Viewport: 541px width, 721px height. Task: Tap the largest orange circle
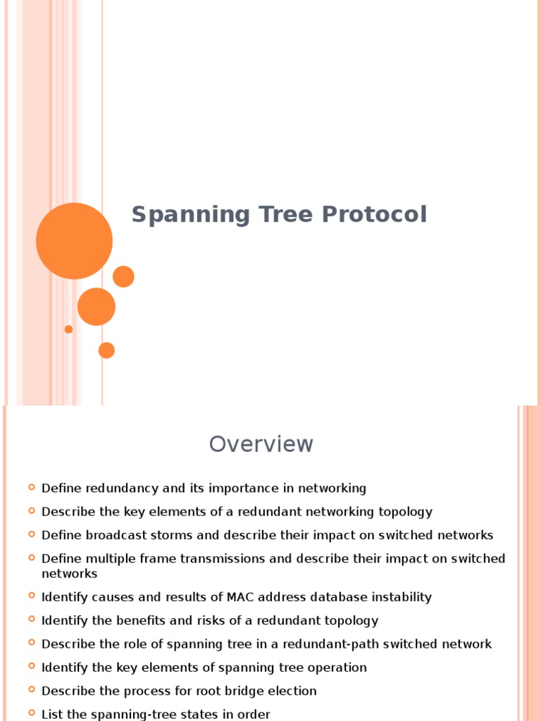[74, 241]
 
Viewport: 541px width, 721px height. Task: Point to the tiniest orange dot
[68, 329]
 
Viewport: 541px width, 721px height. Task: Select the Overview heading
[261, 444]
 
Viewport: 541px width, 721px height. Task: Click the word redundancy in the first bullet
[118, 489]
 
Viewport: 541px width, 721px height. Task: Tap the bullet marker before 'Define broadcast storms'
[32, 534]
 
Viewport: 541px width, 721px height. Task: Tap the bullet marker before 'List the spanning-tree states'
[32, 713]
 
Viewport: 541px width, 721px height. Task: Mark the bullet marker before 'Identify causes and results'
[32, 596]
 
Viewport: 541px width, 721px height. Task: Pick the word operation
[335, 667]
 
